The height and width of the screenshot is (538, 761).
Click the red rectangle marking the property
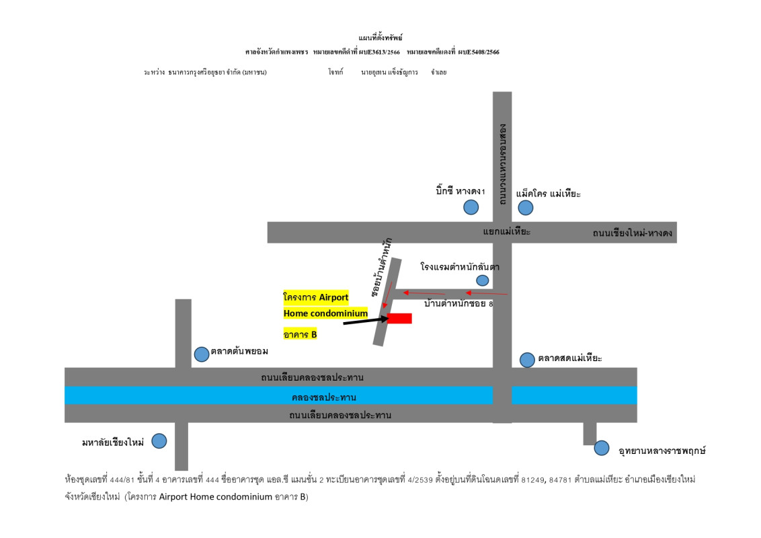[399, 318]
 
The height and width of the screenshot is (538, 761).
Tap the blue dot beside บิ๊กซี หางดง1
[471, 207]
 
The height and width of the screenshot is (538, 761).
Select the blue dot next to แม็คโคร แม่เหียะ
[525, 208]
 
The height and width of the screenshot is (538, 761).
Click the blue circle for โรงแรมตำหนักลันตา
[482, 280]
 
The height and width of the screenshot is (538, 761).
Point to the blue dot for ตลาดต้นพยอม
[201, 354]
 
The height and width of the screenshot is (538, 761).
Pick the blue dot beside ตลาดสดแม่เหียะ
[527, 360]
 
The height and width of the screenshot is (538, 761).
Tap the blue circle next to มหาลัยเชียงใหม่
[159, 441]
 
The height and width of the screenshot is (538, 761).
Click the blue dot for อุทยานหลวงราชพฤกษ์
[601, 447]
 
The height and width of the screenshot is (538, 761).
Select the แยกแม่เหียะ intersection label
[507, 232]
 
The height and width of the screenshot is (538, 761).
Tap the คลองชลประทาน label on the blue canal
[324, 397]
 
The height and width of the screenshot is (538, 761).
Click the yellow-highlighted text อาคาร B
[300, 334]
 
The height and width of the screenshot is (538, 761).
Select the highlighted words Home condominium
[325, 313]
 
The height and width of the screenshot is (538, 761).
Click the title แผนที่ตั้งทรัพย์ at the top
[380, 38]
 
